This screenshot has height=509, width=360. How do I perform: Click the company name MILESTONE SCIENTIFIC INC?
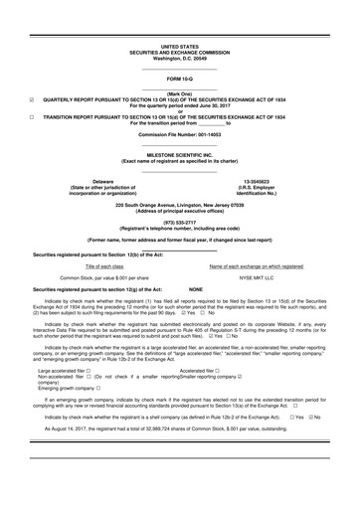coord(179,155)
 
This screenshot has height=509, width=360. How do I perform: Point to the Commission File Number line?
coord(179,133)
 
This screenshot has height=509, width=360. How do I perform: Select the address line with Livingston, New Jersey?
coord(179,203)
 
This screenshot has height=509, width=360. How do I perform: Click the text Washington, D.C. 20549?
coord(179,58)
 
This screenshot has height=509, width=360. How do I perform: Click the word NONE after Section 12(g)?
coord(174,289)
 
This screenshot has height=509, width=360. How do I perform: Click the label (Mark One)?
coord(179,92)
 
